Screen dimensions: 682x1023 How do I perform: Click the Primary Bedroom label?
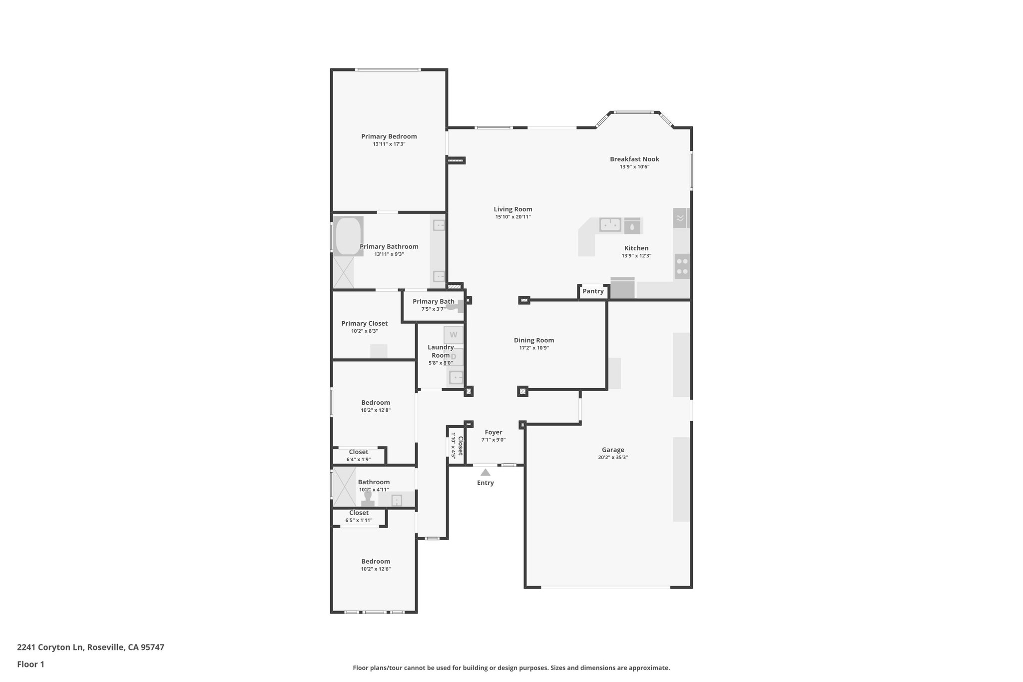(x=389, y=136)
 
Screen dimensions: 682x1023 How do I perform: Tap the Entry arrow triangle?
(x=485, y=472)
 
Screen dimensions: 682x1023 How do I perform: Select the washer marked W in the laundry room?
(x=453, y=335)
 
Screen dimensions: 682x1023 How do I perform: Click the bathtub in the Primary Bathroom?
(x=348, y=236)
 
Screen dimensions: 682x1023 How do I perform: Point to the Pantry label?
(x=593, y=291)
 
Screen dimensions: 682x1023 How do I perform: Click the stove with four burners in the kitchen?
(x=682, y=266)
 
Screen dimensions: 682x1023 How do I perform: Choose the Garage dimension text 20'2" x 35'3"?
(x=612, y=457)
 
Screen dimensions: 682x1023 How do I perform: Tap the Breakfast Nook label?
(x=634, y=159)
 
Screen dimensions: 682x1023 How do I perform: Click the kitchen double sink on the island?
(x=610, y=225)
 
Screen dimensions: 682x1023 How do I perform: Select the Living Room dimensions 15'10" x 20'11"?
(x=512, y=217)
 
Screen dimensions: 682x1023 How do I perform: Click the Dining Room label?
(x=533, y=340)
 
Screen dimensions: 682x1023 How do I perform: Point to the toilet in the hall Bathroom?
(x=368, y=498)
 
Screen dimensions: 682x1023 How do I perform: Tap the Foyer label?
(x=493, y=432)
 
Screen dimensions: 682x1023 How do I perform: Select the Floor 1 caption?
(x=30, y=664)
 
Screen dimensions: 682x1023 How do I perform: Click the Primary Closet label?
(x=364, y=323)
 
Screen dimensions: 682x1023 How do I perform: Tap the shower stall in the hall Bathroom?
(x=344, y=486)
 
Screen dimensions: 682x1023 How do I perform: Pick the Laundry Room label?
(x=441, y=351)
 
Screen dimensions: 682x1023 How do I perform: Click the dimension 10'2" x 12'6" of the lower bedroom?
(x=376, y=569)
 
